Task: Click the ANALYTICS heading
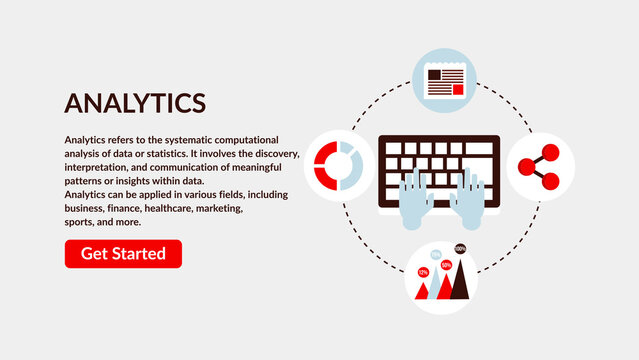coord(135,102)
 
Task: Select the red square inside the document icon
coord(458,87)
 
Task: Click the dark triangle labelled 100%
coord(460,280)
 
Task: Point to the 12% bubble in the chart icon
coord(423,272)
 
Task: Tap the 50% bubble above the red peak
coord(445,264)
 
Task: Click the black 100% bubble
coord(460,248)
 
